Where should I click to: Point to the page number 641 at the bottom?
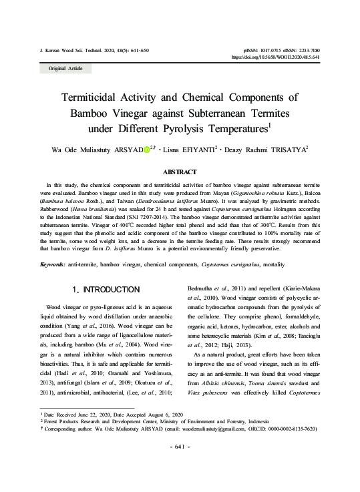pos(180,465)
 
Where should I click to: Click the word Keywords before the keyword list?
pos(51,266)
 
